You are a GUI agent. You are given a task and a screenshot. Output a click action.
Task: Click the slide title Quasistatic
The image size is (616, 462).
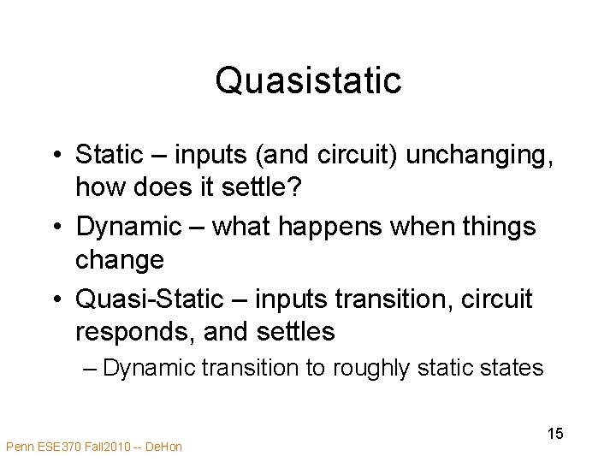(x=308, y=81)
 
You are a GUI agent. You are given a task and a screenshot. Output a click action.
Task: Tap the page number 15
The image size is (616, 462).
(x=555, y=434)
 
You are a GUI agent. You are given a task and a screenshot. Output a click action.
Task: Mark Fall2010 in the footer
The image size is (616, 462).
(x=107, y=446)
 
